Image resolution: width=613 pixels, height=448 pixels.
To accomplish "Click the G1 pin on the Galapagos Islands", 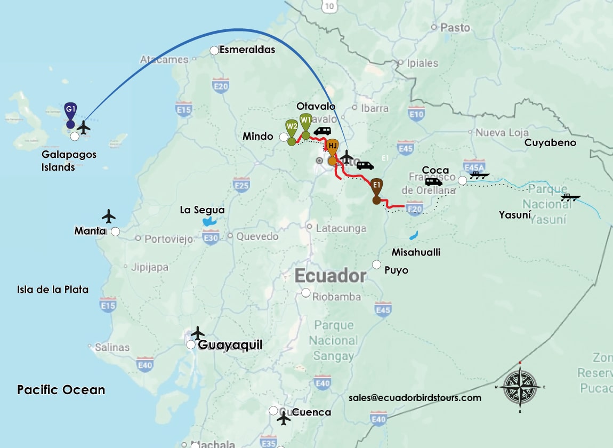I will [70, 110].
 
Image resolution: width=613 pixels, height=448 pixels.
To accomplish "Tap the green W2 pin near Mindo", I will [292, 128].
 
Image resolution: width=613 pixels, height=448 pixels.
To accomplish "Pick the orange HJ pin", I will [332, 147].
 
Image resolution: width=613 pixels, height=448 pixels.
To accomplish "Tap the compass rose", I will [520, 387].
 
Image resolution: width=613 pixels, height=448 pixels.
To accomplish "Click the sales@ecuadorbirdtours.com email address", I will [415, 398].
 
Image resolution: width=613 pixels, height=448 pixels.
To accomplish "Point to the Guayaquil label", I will [230, 345].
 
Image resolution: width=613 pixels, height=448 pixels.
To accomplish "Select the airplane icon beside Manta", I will [109, 217].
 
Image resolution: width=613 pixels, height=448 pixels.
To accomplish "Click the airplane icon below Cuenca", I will [284, 419].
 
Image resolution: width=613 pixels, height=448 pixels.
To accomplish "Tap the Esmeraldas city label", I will [247, 50].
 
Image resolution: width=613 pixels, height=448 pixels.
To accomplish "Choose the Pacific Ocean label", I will [61, 390].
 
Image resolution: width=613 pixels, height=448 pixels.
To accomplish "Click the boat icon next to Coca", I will [479, 174].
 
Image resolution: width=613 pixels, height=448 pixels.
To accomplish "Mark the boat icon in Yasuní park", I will [570, 198].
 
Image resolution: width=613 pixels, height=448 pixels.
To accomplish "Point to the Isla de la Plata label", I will [53, 290].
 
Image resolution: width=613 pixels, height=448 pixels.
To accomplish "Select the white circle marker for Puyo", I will [377, 265].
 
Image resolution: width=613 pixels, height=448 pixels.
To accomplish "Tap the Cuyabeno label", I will [550, 142].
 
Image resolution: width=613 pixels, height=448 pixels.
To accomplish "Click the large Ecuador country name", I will [330, 276].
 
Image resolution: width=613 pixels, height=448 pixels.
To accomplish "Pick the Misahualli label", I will [416, 252].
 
